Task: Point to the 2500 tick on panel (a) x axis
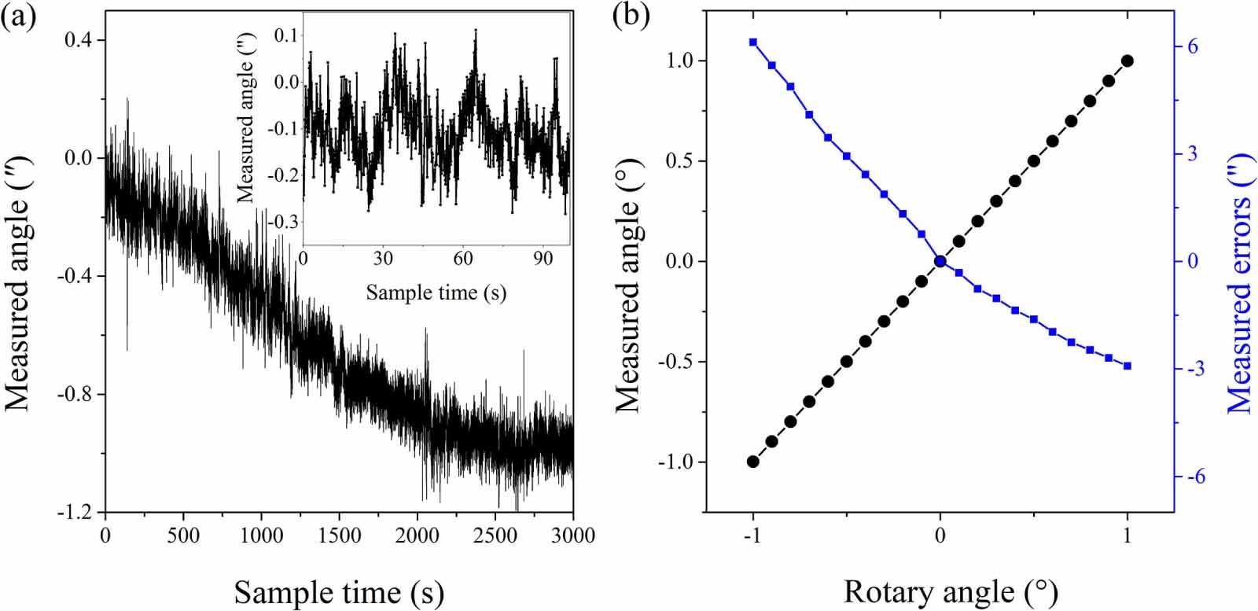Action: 497,536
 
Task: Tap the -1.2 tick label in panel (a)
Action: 75,512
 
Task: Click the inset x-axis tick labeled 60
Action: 463,259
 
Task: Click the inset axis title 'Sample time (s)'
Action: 436,293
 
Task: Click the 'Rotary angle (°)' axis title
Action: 951,591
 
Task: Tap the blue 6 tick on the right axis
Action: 1193,46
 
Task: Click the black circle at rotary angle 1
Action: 1127,61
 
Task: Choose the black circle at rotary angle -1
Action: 753,462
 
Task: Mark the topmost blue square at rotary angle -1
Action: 753,42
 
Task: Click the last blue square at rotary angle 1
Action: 1127,366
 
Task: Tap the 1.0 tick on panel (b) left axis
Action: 681,61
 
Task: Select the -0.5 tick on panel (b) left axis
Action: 677,362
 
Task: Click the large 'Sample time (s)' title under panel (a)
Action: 339,591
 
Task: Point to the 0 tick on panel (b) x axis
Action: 940,536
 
